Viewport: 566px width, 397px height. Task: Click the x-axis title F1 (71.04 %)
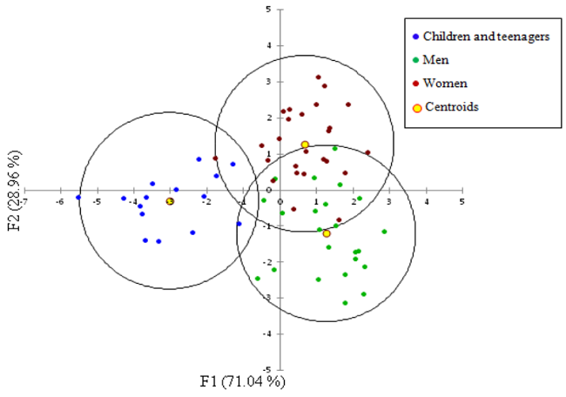pyautogui.click(x=242, y=380)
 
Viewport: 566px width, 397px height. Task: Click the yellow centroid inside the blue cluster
pyautogui.click(x=171, y=201)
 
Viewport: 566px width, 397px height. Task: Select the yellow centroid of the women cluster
pyautogui.click(x=305, y=145)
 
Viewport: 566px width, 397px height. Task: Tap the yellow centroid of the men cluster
pyautogui.click(x=327, y=233)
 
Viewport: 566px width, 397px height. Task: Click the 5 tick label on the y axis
pyautogui.click(x=268, y=10)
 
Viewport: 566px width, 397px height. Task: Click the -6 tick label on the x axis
pyautogui.click(x=59, y=201)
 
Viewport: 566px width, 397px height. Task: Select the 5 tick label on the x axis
pyautogui.click(x=462, y=201)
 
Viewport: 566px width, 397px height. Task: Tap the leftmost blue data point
pyautogui.click(x=78, y=198)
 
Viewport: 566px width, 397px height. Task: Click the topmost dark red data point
pyautogui.click(x=318, y=77)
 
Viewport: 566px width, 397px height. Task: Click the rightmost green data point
pyautogui.click(x=384, y=232)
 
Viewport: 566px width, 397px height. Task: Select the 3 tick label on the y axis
pyautogui.click(x=268, y=82)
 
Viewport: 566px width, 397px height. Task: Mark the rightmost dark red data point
pyautogui.click(x=367, y=152)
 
